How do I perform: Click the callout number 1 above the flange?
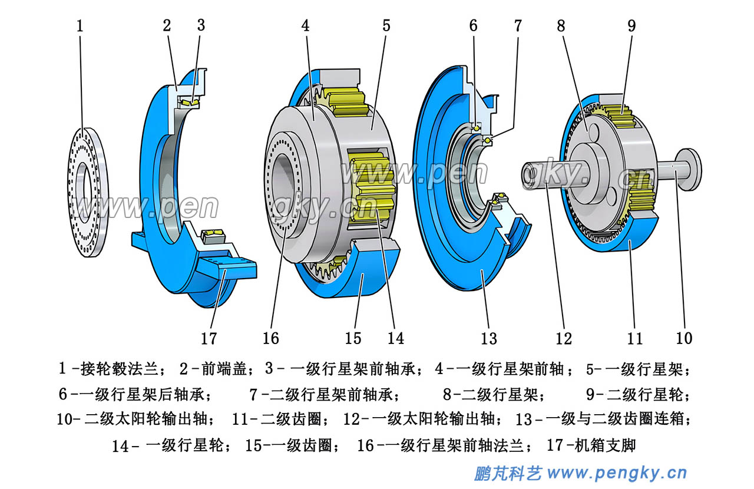coord(80,26)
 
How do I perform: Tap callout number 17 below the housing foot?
coord(209,338)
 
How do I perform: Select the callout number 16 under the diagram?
coord(270,338)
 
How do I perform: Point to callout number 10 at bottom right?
coord(684,338)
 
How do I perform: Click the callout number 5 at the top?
coord(386,26)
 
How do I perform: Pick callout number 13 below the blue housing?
coord(489,338)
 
